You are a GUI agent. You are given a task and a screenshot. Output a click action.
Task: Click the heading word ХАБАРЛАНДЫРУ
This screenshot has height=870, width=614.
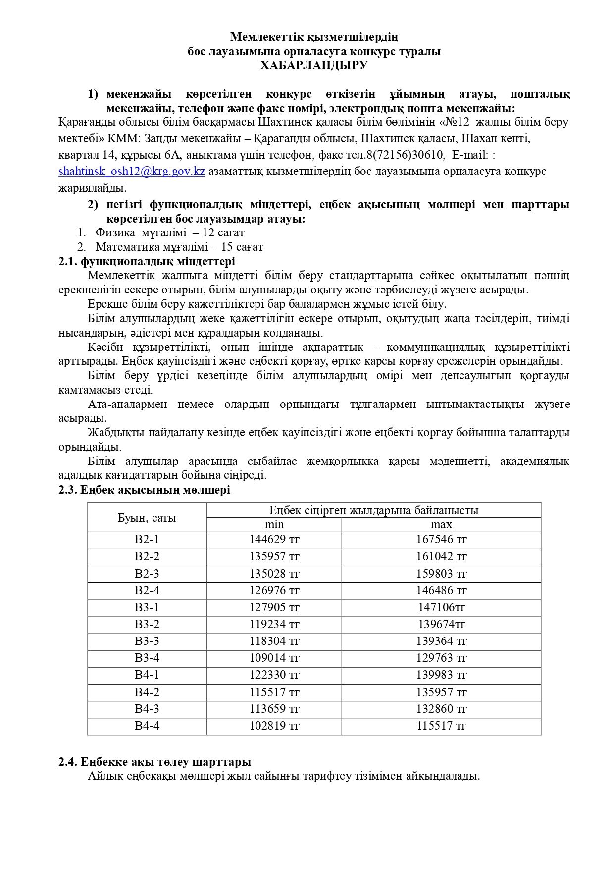(x=314, y=66)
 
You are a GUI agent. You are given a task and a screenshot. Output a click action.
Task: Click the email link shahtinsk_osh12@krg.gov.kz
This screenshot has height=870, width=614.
(x=132, y=172)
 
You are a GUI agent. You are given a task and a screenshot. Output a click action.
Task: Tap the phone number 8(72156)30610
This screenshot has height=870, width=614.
(x=405, y=155)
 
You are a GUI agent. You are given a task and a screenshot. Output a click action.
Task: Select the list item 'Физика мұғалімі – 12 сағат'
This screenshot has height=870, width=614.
(x=170, y=232)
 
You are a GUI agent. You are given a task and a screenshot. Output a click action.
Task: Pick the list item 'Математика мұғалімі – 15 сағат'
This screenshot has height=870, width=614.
(x=179, y=247)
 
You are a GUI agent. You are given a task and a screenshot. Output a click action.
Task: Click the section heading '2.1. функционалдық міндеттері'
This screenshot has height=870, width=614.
(x=147, y=261)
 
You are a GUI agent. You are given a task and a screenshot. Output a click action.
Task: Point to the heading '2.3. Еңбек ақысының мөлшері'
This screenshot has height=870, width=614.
(x=144, y=490)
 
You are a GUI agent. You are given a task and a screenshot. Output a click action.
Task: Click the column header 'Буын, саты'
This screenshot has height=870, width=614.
(x=147, y=518)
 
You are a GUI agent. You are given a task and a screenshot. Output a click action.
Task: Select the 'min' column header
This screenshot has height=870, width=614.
(x=274, y=525)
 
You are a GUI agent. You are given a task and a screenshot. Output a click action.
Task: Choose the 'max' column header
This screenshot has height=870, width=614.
(x=441, y=525)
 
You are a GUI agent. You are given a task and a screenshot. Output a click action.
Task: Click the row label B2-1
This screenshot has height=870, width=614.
(x=147, y=540)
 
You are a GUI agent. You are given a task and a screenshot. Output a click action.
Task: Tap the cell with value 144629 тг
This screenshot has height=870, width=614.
(x=274, y=540)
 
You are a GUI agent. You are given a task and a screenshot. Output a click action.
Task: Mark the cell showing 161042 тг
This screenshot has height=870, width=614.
(x=441, y=557)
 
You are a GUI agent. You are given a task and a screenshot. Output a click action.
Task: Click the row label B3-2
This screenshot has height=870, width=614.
(x=147, y=624)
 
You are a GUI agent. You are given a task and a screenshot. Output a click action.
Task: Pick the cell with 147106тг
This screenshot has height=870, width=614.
(x=441, y=607)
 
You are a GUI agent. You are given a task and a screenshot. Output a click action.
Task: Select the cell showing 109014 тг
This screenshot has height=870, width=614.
(x=274, y=658)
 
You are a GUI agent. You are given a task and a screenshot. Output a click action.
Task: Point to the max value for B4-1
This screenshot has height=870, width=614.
(x=441, y=675)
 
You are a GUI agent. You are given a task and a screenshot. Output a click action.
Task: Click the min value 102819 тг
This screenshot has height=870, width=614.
(x=274, y=726)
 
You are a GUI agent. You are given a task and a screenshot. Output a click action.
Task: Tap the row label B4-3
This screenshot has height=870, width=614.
(x=147, y=709)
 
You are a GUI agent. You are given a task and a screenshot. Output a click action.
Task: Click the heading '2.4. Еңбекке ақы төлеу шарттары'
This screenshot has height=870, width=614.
(x=154, y=762)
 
